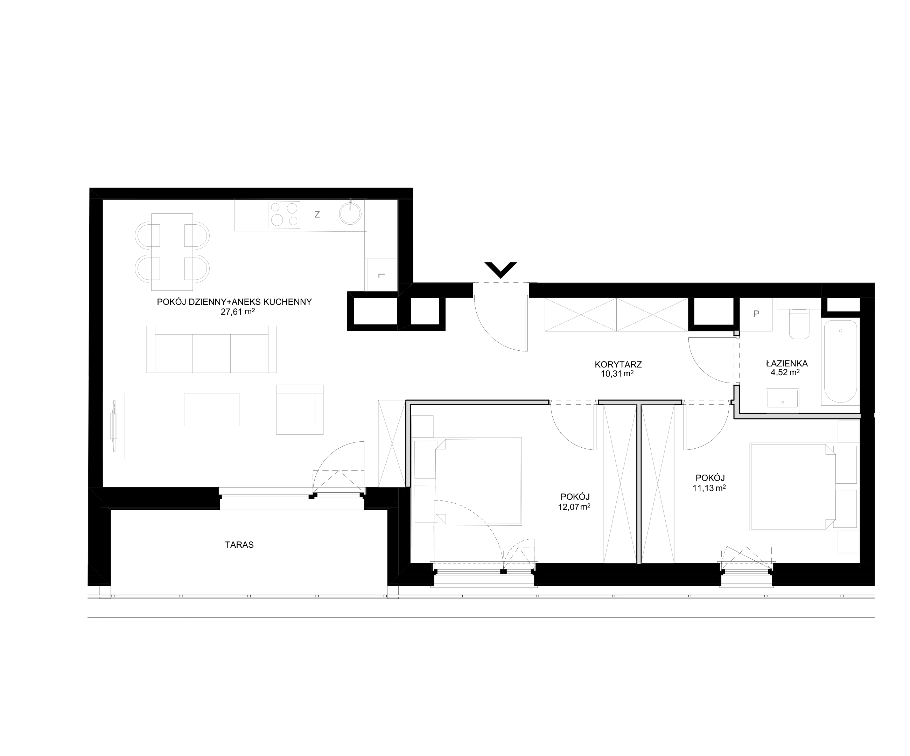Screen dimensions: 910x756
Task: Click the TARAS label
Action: (239, 545)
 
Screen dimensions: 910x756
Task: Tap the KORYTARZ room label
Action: (618, 365)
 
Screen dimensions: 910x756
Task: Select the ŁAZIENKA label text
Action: (786, 364)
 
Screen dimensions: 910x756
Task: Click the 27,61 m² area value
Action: (237, 311)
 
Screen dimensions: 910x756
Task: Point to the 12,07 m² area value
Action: (574, 506)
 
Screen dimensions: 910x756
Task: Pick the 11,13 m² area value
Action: (709, 488)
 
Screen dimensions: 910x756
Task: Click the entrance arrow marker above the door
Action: (500, 270)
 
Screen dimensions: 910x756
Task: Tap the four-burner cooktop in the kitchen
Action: (284, 215)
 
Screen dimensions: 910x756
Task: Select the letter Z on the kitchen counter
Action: (317, 214)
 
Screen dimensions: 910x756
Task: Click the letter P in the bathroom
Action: (756, 314)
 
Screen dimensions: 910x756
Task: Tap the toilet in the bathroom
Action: (799, 323)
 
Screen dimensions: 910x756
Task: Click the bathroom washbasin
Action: (783, 398)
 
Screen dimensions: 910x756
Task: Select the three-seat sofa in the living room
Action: (211, 349)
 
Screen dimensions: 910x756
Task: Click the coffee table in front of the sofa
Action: (211, 409)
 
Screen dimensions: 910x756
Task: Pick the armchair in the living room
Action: (300, 409)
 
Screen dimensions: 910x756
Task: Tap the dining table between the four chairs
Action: (172, 252)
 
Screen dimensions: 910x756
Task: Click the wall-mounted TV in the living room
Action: (114, 426)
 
